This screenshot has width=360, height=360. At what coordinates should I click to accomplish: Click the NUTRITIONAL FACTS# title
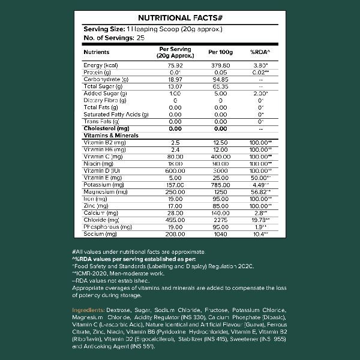180,17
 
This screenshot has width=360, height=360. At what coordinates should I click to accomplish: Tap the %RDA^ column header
260,52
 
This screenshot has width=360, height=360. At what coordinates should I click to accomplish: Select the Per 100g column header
220,52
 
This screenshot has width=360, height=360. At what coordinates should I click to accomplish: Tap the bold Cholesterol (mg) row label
107,128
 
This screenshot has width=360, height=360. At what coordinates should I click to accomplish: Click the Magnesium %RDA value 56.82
260,191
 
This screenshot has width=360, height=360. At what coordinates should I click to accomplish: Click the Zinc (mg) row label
95,205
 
